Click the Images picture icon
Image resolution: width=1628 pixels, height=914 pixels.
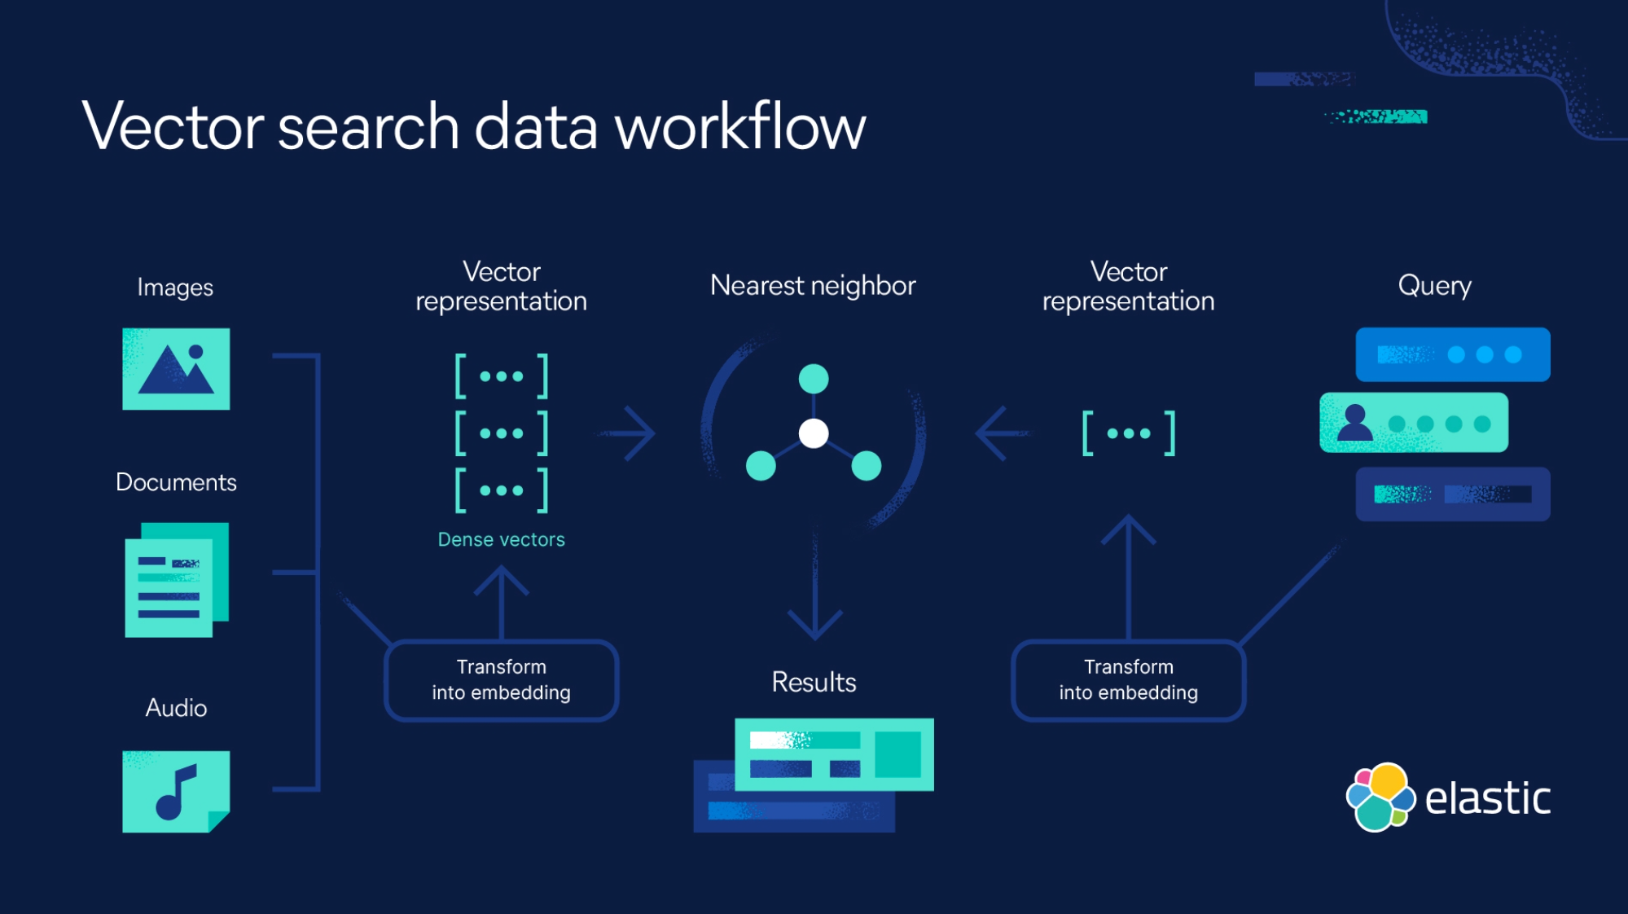176,369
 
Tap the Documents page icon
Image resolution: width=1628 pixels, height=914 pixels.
176,579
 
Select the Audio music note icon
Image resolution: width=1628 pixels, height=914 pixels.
176,791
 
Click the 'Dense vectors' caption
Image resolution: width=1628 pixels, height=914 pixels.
501,539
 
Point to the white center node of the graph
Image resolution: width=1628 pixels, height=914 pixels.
814,433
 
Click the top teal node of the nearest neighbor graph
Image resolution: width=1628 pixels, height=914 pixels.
814,379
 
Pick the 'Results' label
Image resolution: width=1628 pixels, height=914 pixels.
814,682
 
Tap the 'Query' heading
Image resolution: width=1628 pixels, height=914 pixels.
1434,286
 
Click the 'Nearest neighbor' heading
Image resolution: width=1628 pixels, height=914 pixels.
813,286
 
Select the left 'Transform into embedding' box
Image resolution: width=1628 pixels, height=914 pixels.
501,680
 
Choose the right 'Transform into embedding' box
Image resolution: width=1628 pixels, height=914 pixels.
1128,680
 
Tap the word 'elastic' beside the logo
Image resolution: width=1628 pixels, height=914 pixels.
1487,798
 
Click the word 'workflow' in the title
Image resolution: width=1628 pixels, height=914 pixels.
739,127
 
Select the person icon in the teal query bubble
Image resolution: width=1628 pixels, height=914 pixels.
1354,423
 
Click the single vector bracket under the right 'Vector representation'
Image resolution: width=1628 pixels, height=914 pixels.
1128,433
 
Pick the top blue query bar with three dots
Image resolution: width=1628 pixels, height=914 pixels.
1452,354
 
